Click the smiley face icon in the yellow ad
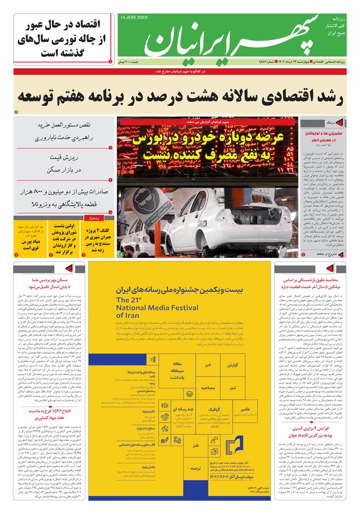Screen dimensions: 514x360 coord(190,394)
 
